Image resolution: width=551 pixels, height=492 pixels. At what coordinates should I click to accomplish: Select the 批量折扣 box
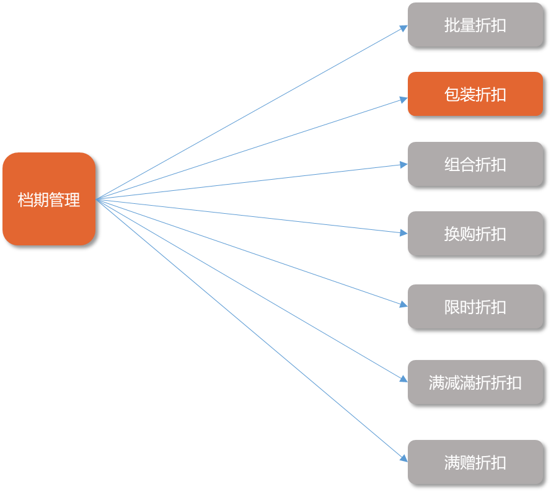tap(475, 25)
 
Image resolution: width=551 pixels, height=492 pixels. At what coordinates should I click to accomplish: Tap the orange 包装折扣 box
tap(475, 94)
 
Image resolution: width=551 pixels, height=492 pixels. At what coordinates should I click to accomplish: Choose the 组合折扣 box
tap(475, 164)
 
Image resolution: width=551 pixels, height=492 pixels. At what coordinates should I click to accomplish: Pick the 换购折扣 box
tap(475, 234)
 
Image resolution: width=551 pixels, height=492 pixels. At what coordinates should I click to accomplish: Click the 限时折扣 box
tap(475, 307)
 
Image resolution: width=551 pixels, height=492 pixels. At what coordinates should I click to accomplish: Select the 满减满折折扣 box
tap(475, 382)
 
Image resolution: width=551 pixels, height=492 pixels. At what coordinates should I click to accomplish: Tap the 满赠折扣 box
tap(475, 462)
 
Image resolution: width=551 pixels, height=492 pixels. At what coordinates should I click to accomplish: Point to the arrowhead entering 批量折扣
tap(404, 27)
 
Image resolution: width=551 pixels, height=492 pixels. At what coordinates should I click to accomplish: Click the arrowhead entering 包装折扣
tap(404, 99)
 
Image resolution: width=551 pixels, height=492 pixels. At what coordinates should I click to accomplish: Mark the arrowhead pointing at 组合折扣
tap(404, 165)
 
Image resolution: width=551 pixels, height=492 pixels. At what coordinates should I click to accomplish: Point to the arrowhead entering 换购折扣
tap(404, 233)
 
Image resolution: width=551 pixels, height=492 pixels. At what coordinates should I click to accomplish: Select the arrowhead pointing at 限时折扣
tap(404, 304)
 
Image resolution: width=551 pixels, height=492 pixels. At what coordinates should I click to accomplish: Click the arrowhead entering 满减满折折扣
tap(404, 379)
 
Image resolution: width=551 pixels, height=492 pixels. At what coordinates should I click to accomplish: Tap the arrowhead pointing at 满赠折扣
tap(404, 459)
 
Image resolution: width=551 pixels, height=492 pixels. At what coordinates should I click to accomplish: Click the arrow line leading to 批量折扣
tap(248, 114)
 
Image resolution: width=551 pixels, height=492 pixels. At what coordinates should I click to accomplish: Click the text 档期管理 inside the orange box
tap(49, 200)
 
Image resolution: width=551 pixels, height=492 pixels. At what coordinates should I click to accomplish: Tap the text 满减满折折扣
tap(475, 382)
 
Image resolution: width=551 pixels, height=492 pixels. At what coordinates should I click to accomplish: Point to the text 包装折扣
tap(475, 95)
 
